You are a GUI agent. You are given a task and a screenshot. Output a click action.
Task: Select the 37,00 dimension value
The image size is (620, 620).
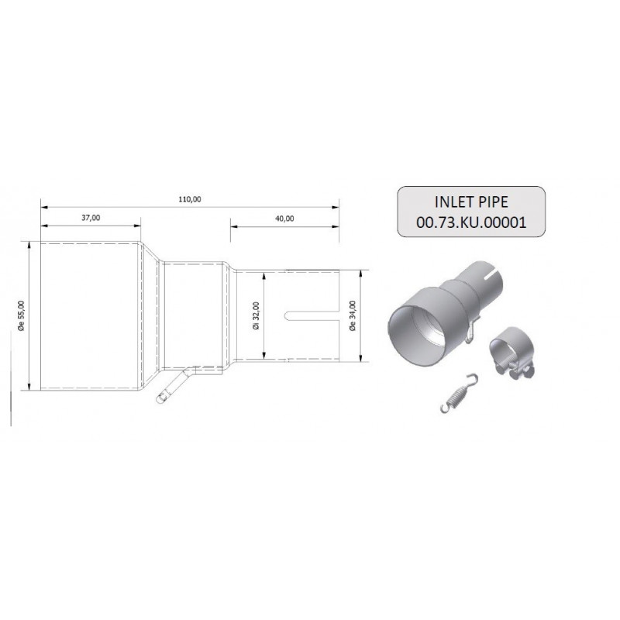click(x=91, y=218)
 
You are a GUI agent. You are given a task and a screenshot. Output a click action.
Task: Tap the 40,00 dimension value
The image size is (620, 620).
click(x=284, y=219)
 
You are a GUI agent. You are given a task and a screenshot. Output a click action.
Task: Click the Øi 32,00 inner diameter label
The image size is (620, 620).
click(x=257, y=316)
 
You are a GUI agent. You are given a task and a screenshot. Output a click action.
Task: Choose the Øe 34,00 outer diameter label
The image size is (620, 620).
click(x=353, y=315)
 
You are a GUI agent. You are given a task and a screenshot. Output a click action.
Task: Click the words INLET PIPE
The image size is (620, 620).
click(x=471, y=202)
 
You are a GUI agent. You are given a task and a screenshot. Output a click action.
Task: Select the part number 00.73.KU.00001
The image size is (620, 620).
click(x=471, y=222)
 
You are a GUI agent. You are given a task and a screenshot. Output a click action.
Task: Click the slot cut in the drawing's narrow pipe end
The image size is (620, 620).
click(x=312, y=315)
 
